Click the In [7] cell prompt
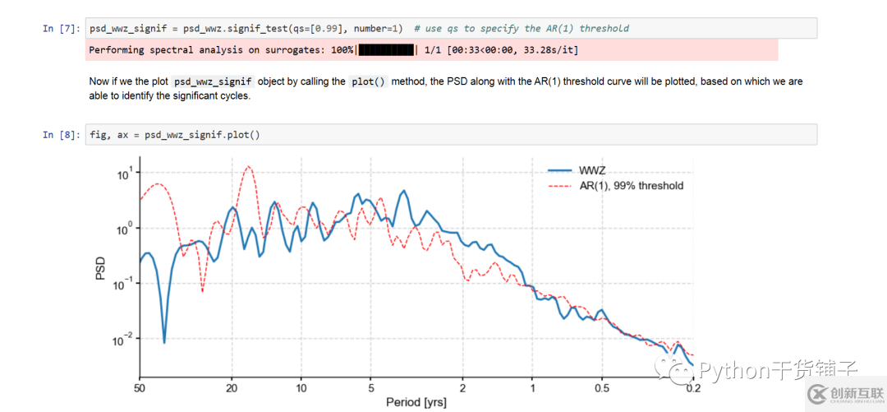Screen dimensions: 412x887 (62, 29)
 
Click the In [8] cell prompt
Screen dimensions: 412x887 (62, 135)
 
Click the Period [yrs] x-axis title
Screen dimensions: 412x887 (416, 403)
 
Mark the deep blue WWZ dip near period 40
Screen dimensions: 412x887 (164, 341)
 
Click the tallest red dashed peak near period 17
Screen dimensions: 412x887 (248, 167)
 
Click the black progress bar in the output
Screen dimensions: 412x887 (386, 50)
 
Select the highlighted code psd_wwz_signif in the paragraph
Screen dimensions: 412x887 (213, 82)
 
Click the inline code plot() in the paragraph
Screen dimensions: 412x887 (368, 82)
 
